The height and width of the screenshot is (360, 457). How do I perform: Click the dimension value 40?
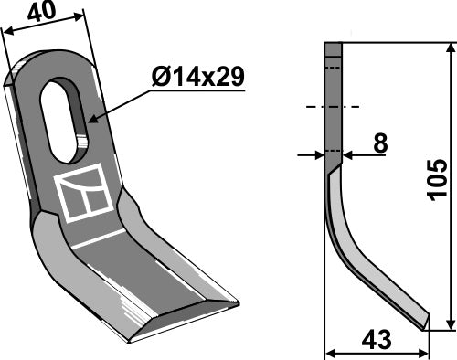42,13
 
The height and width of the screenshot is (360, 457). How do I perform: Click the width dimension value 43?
376,341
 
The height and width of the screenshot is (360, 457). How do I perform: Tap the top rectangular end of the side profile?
333,49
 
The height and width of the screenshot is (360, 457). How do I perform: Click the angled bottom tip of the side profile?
421,319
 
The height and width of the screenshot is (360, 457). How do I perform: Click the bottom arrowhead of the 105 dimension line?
449,324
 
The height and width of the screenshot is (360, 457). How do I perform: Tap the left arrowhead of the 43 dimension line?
330,353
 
